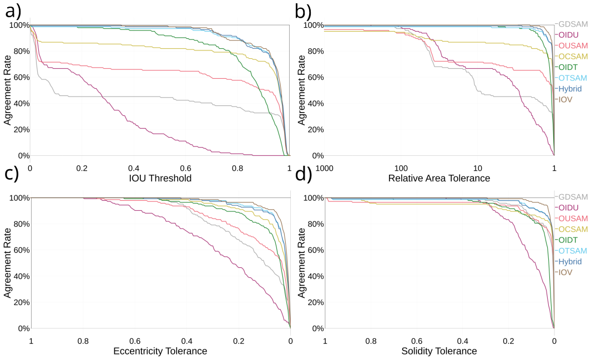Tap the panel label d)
tap(304, 174)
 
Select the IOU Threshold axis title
tap(160, 178)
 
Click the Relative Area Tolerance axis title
tap(439, 178)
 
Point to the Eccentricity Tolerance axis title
tap(160, 351)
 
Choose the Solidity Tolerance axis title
tap(439, 351)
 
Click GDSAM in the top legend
tap(573, 24)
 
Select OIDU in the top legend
tap(568, 35)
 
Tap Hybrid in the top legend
tap(570, 89)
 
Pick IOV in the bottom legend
tap(565, 272)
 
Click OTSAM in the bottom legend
tap(573, 251)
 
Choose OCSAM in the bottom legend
tap(573, 229)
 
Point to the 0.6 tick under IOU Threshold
tap(185, 168)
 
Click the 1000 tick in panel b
tap(324, 168)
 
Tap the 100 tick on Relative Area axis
tap(401, 168)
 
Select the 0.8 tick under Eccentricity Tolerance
tap(83, 341)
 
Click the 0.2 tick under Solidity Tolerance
tap(508, 341)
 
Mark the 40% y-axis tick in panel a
tap(22, 104)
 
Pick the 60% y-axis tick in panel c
tap(22, 250)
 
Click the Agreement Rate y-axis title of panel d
tap(301, 263)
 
